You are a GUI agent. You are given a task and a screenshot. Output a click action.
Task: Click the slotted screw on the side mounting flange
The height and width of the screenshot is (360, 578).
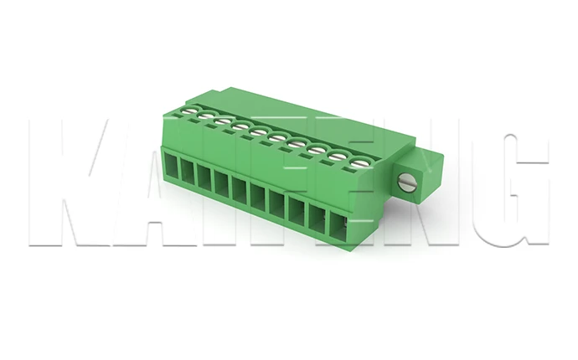[x=408, y=183]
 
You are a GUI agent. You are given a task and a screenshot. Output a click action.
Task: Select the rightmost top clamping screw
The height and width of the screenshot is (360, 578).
[x=359, y=162]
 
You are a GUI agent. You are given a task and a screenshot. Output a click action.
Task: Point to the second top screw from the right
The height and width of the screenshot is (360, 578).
[x=339, y=157]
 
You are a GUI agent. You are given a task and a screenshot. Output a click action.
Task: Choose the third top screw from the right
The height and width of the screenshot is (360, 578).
[x=319, y=151]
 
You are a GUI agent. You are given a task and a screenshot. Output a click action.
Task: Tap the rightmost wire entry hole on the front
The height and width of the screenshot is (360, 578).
[x=338, y=227]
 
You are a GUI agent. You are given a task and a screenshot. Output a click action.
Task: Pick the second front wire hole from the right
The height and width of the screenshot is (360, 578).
[x=318, y=219]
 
